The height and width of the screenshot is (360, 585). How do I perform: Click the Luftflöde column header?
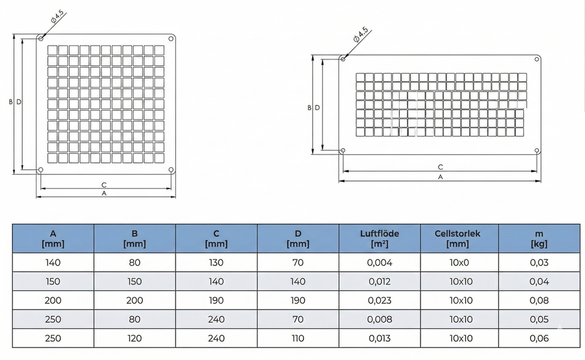click(x=379, y=238)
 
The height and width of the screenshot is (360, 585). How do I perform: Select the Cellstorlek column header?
click(x=458, y=238)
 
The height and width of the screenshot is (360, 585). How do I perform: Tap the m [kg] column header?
click(x=539, y=238)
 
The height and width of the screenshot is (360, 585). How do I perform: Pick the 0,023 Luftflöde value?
click(x=379, y=301)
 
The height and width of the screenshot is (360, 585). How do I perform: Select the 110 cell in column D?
click(x=298, y=338)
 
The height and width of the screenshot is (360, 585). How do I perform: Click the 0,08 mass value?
click(x=539, y=301)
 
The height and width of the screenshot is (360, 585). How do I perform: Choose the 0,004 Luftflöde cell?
click(x=379, y=263)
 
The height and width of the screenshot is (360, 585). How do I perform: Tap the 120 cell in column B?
click(x=134, y=338)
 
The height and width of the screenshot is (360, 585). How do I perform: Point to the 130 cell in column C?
click(x=216, y=263)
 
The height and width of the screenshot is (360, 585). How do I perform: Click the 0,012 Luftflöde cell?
click(x=379, y=282)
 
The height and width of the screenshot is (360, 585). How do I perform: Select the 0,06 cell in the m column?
click(x=539, y=338)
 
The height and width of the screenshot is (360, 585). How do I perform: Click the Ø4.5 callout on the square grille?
click(x=58, y=17)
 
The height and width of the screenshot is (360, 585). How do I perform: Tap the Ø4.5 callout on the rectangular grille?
click(x=360, y=35)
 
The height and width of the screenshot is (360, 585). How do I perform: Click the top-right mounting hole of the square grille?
click(x=171, y=38)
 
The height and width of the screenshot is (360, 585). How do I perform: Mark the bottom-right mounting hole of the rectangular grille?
click(x=537, y=151)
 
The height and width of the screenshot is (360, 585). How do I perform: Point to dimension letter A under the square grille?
click(x=104, y=193)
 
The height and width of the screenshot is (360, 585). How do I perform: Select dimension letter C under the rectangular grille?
click(x=440, y=167)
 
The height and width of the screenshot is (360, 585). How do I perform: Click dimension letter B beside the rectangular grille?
click(x=310, y=107)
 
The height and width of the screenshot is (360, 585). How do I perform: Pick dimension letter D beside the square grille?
click(x=19, y=102)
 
